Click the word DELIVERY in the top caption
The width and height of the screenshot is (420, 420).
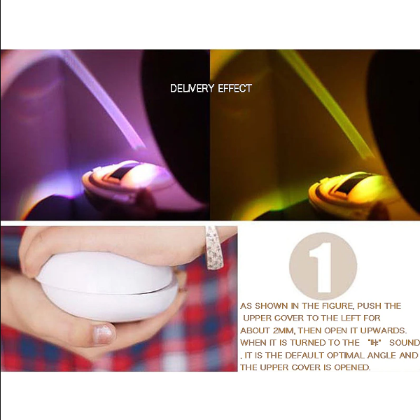[192, 88]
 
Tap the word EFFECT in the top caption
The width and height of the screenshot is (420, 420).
[234, 88]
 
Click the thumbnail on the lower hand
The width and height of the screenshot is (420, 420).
[104, 333]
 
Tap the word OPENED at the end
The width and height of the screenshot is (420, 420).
[350, 368]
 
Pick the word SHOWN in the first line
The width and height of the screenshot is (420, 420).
[273, 307]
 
